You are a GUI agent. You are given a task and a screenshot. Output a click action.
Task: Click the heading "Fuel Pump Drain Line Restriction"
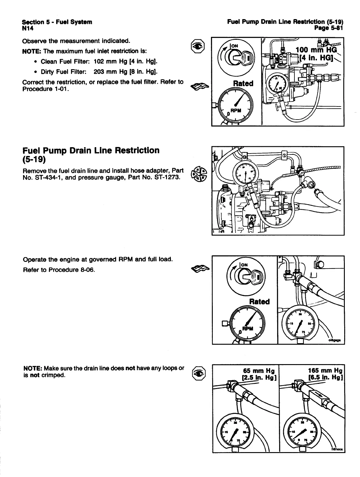[91, 150]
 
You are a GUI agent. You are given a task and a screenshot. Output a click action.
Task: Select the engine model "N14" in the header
[28, 28]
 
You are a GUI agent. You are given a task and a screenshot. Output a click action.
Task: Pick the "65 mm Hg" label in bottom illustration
[259, 370]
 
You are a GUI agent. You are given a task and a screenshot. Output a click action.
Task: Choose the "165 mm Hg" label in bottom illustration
[325, 370]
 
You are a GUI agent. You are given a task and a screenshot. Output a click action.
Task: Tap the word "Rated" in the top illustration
[243, 83]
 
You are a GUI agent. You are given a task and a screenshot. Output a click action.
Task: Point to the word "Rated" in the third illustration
[259, 301]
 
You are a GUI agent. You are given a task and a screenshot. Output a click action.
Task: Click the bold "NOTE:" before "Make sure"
[33, 368]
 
